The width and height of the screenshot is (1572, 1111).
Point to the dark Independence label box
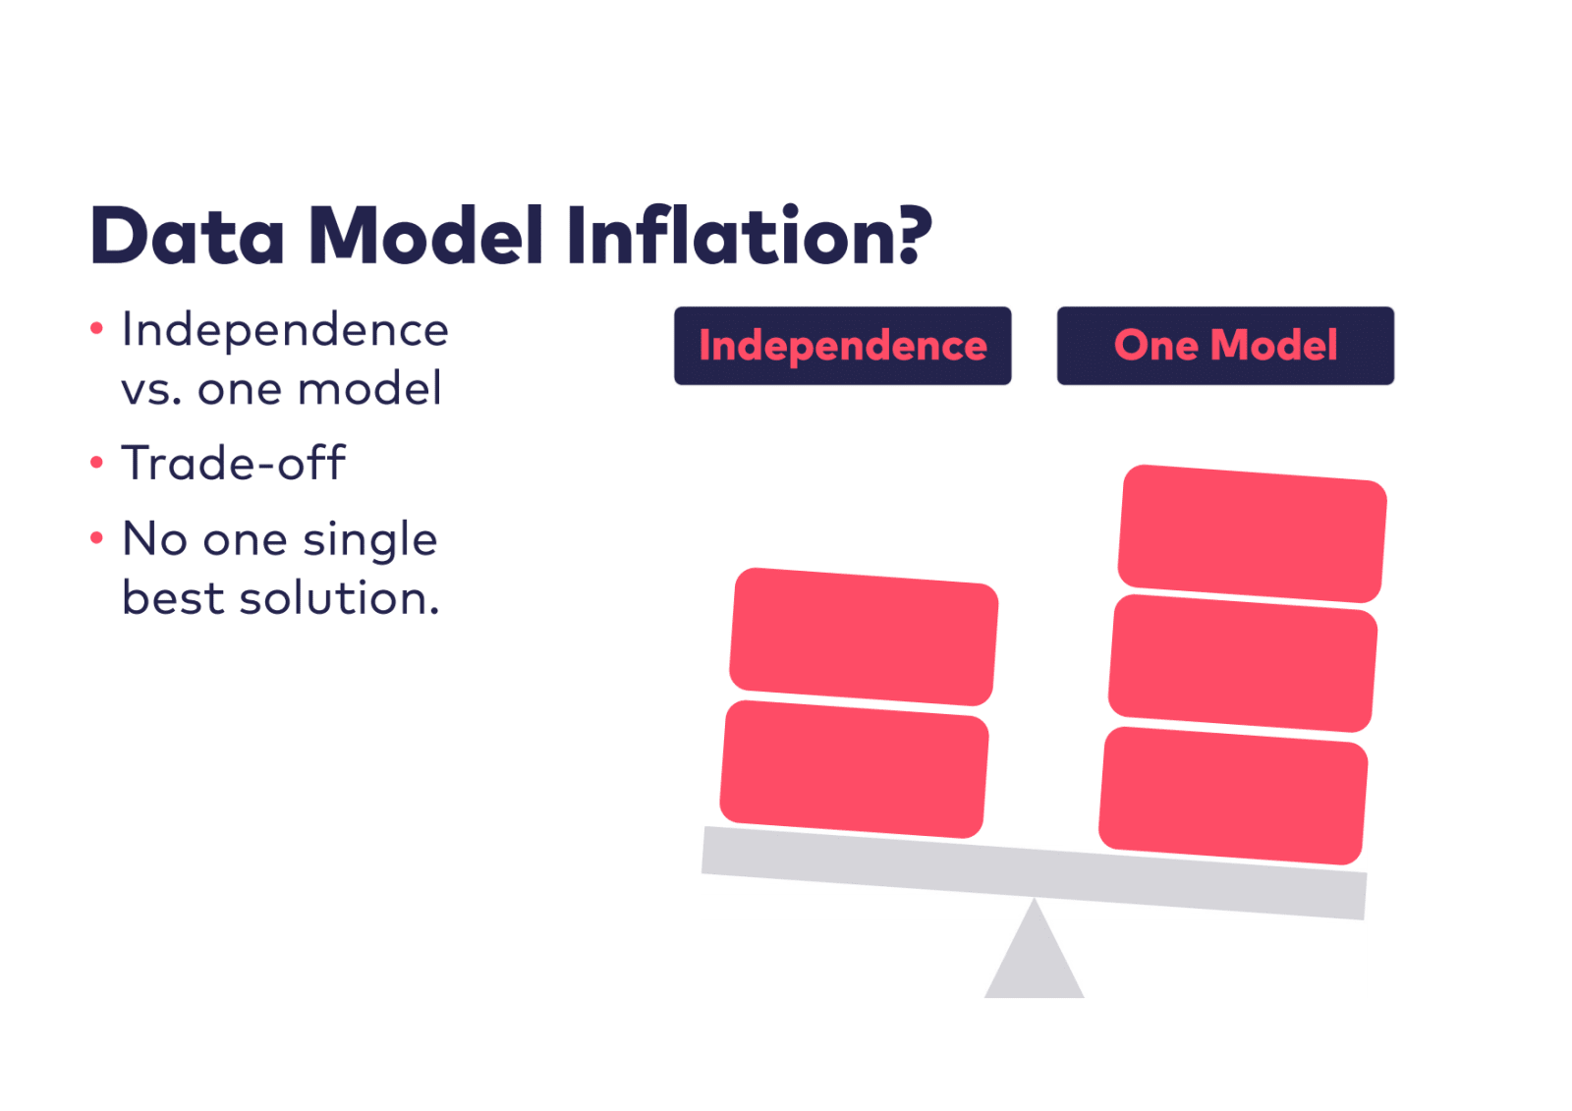click(x=843, y=346)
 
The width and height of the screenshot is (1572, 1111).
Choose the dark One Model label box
click(x=1225, y=346)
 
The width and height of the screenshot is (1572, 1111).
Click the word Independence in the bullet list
click(x=285, y=330)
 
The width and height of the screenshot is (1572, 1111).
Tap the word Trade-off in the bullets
click(x=233, y=463)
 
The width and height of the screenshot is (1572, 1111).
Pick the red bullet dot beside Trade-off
click(x=97, y=462)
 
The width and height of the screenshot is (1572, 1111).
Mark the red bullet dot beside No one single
click(x=97, y=537)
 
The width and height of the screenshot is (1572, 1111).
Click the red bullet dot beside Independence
click(x=97, y=328)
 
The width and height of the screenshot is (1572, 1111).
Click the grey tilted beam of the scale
click(x=1034, y=872)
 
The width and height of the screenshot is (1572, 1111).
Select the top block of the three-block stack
click(x=1252, y=533)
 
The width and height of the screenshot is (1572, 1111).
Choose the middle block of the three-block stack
click(x=1243, y=663)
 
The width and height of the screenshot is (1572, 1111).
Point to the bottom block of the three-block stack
click(x=1233, y=796)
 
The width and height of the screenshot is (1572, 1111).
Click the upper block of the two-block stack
click(x=864, y=637)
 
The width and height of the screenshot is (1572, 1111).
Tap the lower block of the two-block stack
click(x=854, y=769)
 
